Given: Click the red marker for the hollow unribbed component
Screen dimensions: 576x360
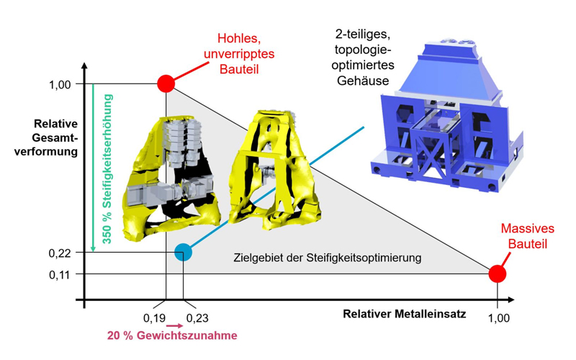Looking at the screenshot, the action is point(166,84).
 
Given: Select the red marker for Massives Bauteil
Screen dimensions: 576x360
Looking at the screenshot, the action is point(498,274).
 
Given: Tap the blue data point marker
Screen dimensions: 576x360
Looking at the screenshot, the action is point(183,253).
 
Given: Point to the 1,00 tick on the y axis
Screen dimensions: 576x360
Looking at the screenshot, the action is point(60,85).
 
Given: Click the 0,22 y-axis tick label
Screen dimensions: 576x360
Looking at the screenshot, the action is point(60,253).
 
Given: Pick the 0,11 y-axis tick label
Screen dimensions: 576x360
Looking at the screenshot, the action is point(60,275).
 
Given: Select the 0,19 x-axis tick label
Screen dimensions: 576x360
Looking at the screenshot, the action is point(154,318).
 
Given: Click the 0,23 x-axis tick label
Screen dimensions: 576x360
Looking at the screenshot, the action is point(197,318).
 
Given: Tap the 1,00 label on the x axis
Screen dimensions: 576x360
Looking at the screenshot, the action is point(499,318).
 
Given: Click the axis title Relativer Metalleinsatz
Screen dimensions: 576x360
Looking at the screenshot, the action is point(405,314).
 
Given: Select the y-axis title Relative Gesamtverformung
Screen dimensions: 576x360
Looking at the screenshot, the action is point(46,138).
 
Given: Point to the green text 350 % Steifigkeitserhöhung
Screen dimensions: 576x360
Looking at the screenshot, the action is point(107,169).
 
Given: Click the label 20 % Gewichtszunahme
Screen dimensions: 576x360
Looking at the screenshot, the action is point(172,336).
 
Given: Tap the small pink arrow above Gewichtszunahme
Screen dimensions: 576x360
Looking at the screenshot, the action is point(174,326).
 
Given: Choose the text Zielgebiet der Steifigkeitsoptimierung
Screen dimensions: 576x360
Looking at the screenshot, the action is point(328,258).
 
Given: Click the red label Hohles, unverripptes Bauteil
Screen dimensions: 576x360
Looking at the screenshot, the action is point(239,53).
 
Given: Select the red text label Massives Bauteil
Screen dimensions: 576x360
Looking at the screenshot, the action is point(528,236).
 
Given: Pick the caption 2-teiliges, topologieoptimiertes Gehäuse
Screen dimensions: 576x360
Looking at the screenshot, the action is point(363,58).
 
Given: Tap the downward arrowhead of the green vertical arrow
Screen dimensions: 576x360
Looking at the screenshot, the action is point(93,248).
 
